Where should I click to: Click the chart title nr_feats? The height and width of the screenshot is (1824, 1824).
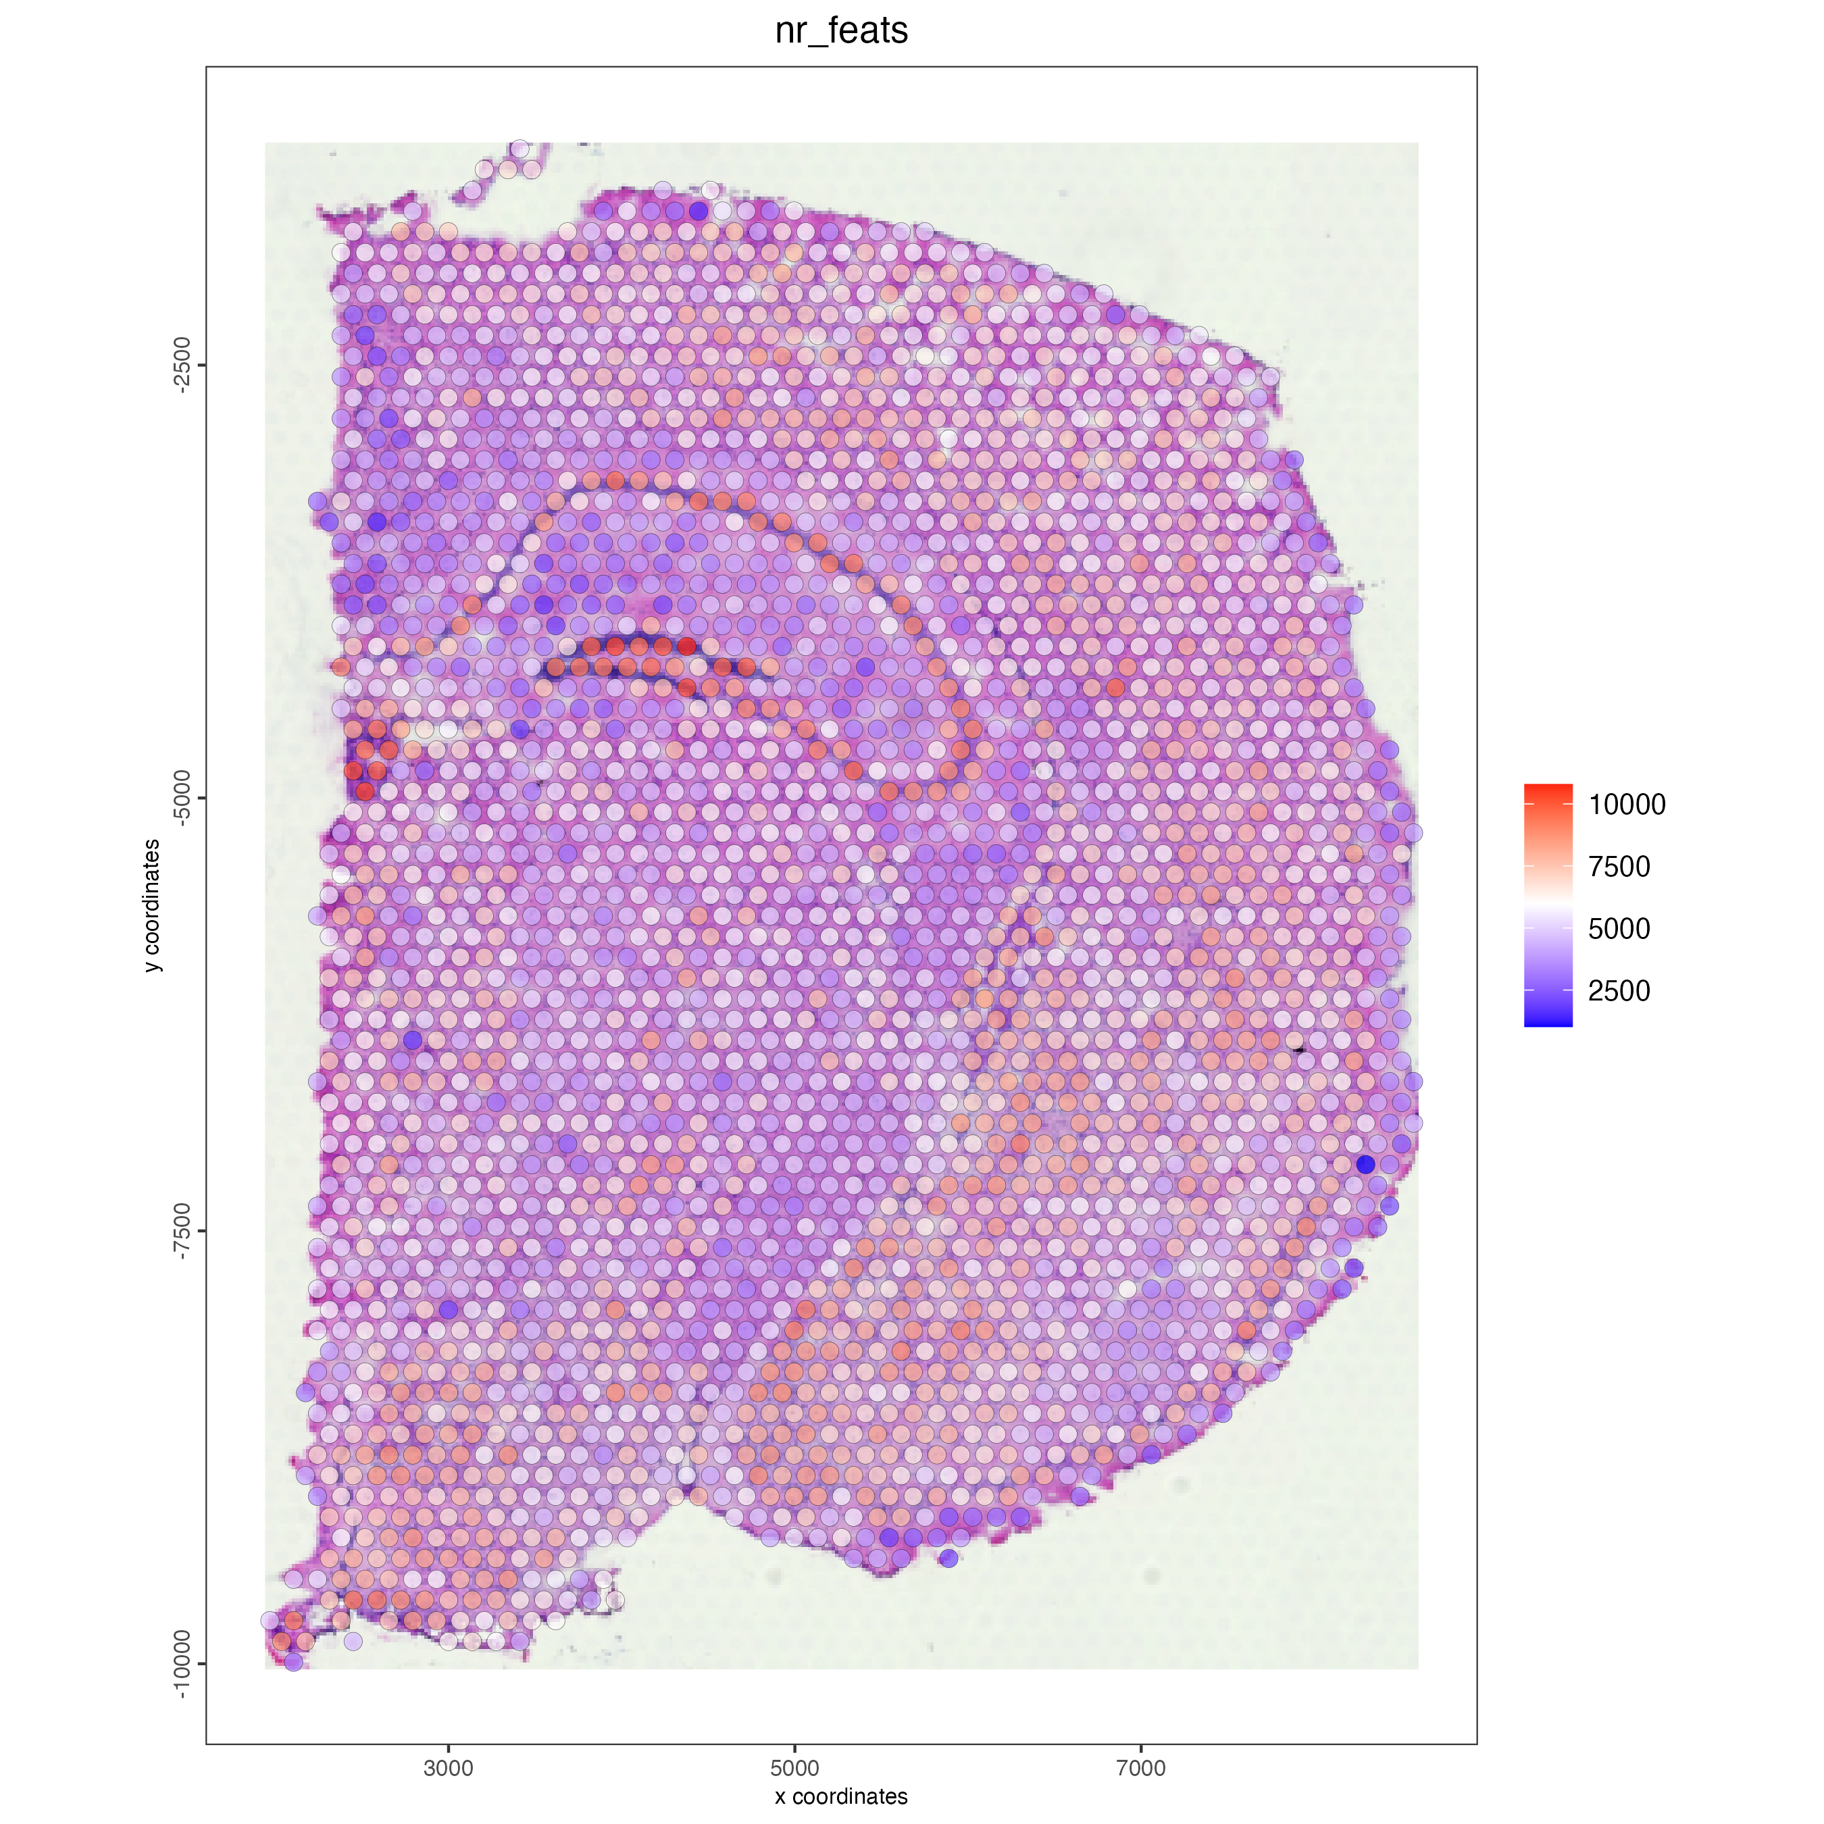click(x=840, y=31)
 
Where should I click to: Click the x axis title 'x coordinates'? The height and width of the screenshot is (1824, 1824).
click(x=840, y=1796)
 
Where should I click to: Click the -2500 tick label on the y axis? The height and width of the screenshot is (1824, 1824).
click(x=182, y=365)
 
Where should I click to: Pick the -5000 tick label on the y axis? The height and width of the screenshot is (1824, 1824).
click(x=182, y=798)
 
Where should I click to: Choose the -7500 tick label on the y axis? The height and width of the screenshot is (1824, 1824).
click(x=182, y=1231)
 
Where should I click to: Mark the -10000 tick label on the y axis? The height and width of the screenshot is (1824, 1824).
click(x=182, y=1663)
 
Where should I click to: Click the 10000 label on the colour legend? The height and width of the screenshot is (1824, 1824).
click(x=1626, y=805)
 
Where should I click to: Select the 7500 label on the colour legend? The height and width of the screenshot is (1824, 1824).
click(x=1618, y=867)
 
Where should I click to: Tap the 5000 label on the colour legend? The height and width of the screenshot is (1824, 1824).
click(x=1618, y=929)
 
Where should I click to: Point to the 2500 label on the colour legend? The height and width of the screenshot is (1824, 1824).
click(x=1618, y=991)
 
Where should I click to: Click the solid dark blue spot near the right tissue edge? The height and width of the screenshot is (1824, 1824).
click(x=1365, y=1164)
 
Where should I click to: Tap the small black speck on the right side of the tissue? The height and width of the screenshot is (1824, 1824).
click(x=1298, y=1049)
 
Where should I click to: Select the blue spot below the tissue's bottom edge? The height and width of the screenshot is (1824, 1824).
click(x=949, y=1558)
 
